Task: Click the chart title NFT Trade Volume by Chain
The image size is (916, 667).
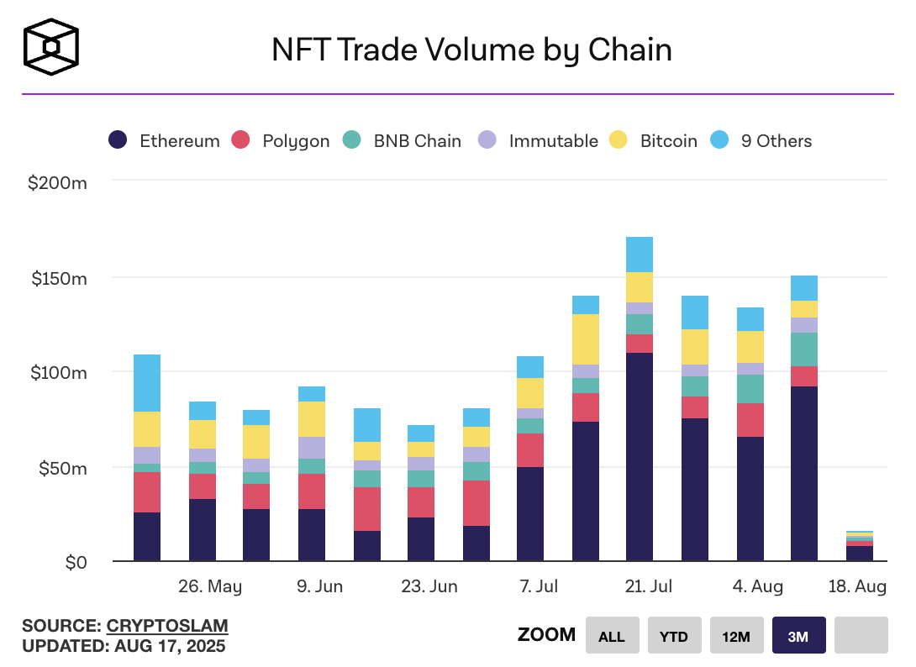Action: [471, 50]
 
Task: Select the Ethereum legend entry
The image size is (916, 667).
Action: [164, 141]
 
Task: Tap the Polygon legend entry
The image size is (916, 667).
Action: [281, 141]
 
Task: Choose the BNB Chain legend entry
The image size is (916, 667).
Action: [402, 141]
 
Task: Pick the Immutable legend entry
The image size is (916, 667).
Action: [538, 141]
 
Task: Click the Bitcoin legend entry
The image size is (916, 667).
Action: [652, 141]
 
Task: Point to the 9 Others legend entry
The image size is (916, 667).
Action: [761, 141]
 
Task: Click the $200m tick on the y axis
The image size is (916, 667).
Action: [57, 183]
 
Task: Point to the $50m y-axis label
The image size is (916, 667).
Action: [63, 468]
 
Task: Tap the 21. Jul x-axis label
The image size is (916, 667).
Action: [649, 586]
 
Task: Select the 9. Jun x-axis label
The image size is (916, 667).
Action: [319, 586]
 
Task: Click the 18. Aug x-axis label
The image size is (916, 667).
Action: [857, 586]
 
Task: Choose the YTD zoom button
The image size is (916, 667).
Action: [674, 635]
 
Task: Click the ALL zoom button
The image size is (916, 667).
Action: [612, 635]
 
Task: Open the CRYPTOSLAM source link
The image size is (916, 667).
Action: [167, 626]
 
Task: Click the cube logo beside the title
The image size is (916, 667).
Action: [50, 47]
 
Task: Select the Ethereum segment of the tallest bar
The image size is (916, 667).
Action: [639, 457]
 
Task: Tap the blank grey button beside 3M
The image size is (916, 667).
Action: [861, 635]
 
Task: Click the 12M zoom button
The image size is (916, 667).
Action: [736, 635]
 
